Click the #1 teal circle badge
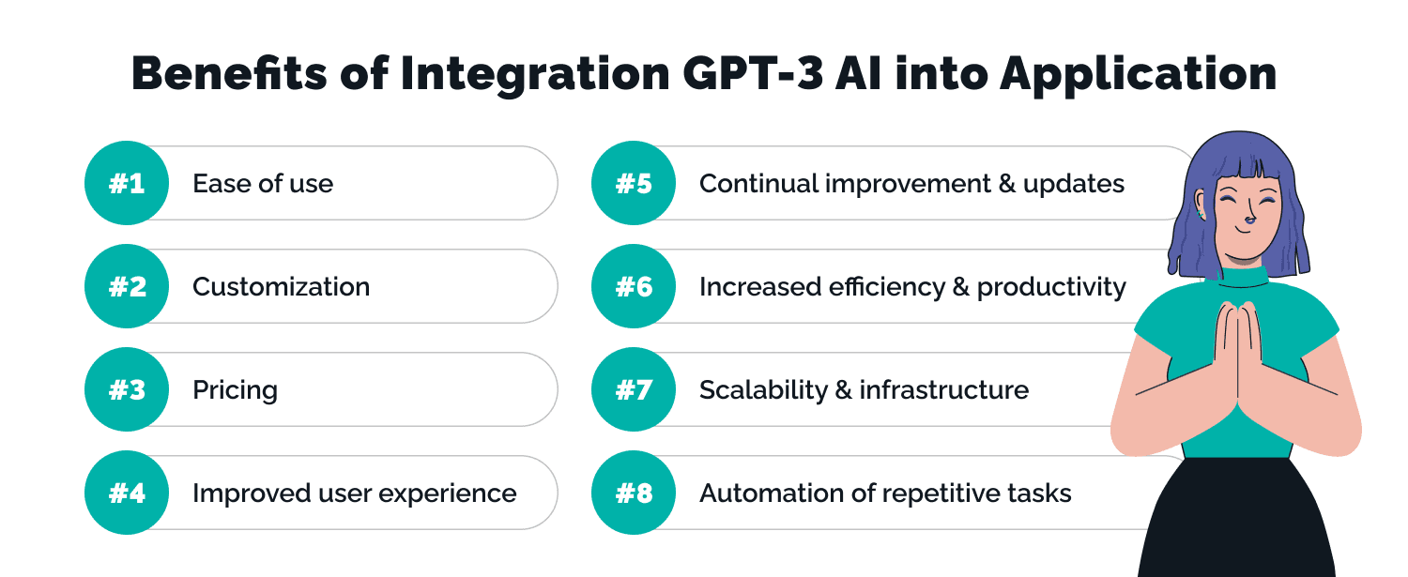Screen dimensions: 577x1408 tap(127, 183)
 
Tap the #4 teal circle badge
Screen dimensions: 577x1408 tap(127, 493)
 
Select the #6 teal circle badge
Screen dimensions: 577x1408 tap(634, 286)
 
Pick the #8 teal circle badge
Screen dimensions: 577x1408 tap(634, 493)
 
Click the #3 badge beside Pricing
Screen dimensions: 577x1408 tap(127, 389)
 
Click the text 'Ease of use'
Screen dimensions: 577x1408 tap(263, 183)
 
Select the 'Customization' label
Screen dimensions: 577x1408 tap(281, 286)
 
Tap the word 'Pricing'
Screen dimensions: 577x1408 tap(235, 390)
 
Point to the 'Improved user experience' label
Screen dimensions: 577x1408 tap(354, 493)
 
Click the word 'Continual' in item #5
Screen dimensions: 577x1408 tap(758, 183)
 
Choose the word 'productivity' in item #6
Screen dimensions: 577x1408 tap(1051, 287)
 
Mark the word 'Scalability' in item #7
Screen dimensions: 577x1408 tap(761, 390)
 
